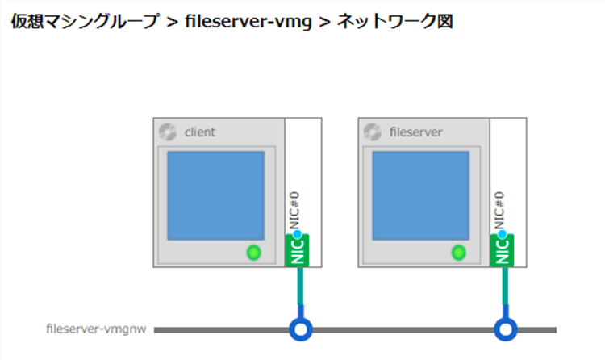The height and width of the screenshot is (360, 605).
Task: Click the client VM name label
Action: [x=200, y=132]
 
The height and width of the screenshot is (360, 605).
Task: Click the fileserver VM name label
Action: [x=415, y=132]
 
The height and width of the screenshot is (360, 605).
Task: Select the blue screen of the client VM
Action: [x=215, y=195]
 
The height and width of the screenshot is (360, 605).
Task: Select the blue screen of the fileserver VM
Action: [x=420, y=195]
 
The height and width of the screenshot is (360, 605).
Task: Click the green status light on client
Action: [x=254, y=253]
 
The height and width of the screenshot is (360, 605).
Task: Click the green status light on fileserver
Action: [x=459, y=253]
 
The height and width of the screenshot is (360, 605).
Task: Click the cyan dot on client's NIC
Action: [x=298, y=234]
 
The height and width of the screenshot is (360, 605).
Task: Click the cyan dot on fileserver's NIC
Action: [x=503, y=234]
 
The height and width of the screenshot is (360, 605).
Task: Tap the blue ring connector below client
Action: [x=301, y=329]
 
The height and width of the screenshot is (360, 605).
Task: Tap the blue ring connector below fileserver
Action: [x=506, y=329]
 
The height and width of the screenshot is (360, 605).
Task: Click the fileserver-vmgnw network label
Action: [x=96, y=329]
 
